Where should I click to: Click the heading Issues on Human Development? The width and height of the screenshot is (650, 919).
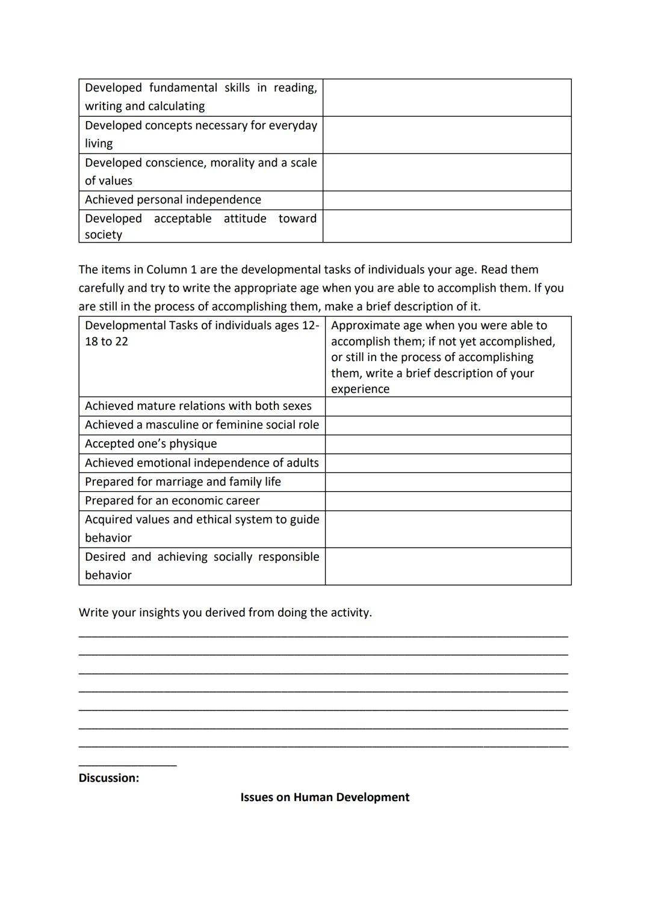[x=324, y=797]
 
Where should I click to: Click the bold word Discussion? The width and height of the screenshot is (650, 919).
[x=109, y=778]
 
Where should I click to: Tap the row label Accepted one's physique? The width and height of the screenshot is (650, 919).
[x=150, y=444]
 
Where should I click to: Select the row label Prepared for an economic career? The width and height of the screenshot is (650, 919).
[x=172, y=501]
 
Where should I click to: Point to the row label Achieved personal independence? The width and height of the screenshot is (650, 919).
[x=173, y=200]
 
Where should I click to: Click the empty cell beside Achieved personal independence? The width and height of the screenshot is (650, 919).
[x=447, y=200]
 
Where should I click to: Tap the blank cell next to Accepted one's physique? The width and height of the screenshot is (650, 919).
[x=448, y=444]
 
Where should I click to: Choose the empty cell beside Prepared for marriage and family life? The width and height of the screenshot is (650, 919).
[x=448, y=482]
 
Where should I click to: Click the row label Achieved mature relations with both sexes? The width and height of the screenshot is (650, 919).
[x=198, y=406]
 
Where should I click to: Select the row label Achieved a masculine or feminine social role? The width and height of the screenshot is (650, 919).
[x=202, y=425]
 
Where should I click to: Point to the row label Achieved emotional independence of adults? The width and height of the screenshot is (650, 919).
[x=202, y=463]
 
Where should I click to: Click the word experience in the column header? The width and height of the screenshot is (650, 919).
[x=360, y=389]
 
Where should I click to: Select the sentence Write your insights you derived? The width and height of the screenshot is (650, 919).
[x=225, y=613]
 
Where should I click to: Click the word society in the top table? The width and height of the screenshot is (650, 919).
[x=104, y=235]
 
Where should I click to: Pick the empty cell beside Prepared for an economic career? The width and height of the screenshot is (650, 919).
[x=448, y=501]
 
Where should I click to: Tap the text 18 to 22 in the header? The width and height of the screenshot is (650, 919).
[x=107, y=342]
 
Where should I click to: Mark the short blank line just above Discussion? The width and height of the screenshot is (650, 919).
[x=128, y=765]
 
